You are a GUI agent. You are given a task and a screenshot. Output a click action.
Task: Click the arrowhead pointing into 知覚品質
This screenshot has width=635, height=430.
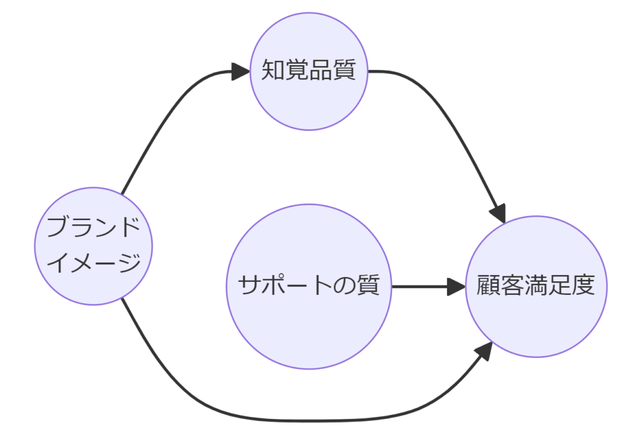pyautogui.click(x=241, y=71)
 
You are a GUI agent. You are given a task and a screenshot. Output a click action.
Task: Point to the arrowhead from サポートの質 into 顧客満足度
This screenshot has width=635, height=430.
pyautogui.click(x=456, y=287)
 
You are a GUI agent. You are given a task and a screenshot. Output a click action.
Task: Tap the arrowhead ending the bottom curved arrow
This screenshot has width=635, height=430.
pyautogui.click(x=484, y=351)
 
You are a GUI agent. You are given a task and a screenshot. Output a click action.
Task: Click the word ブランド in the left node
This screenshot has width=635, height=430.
pyautogui.click(x=94, y=228)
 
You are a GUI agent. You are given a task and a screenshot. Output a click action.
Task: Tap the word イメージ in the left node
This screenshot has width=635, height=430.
pyautogui.click(x=94, y=263)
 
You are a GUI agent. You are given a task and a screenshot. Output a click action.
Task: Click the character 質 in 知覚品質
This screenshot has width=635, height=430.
pyautogui.click(x=345, y=71)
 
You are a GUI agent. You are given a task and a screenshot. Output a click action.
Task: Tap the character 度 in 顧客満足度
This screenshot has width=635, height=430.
pyautogui.click(x=584, y=286)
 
